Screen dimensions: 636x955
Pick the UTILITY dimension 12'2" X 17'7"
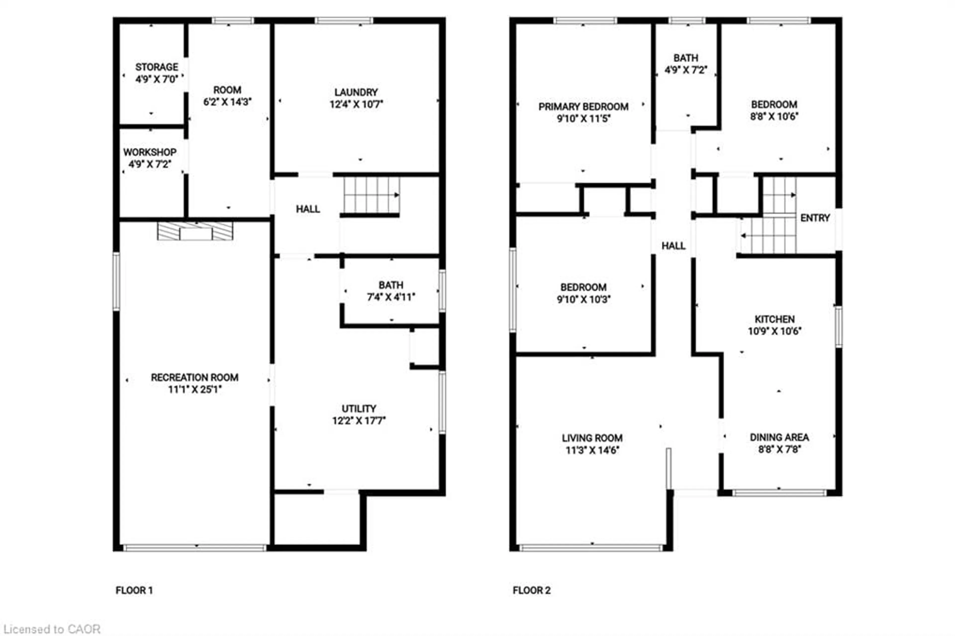point(359,421)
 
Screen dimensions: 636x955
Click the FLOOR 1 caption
point(134,590)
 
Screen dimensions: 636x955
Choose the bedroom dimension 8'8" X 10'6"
point(774,116)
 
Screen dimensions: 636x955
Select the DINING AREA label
point(779,437)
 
